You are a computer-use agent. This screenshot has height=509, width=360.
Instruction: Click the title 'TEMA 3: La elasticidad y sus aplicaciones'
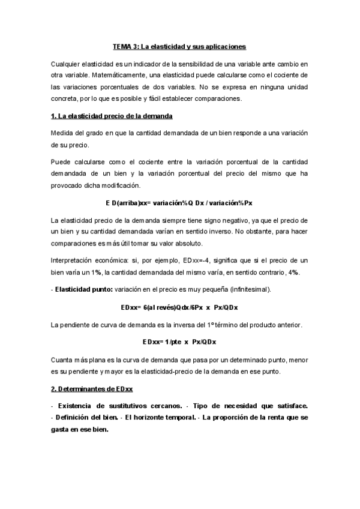pos(179,46)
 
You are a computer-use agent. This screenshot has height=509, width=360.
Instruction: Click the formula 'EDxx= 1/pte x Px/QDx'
pos(179,342)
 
